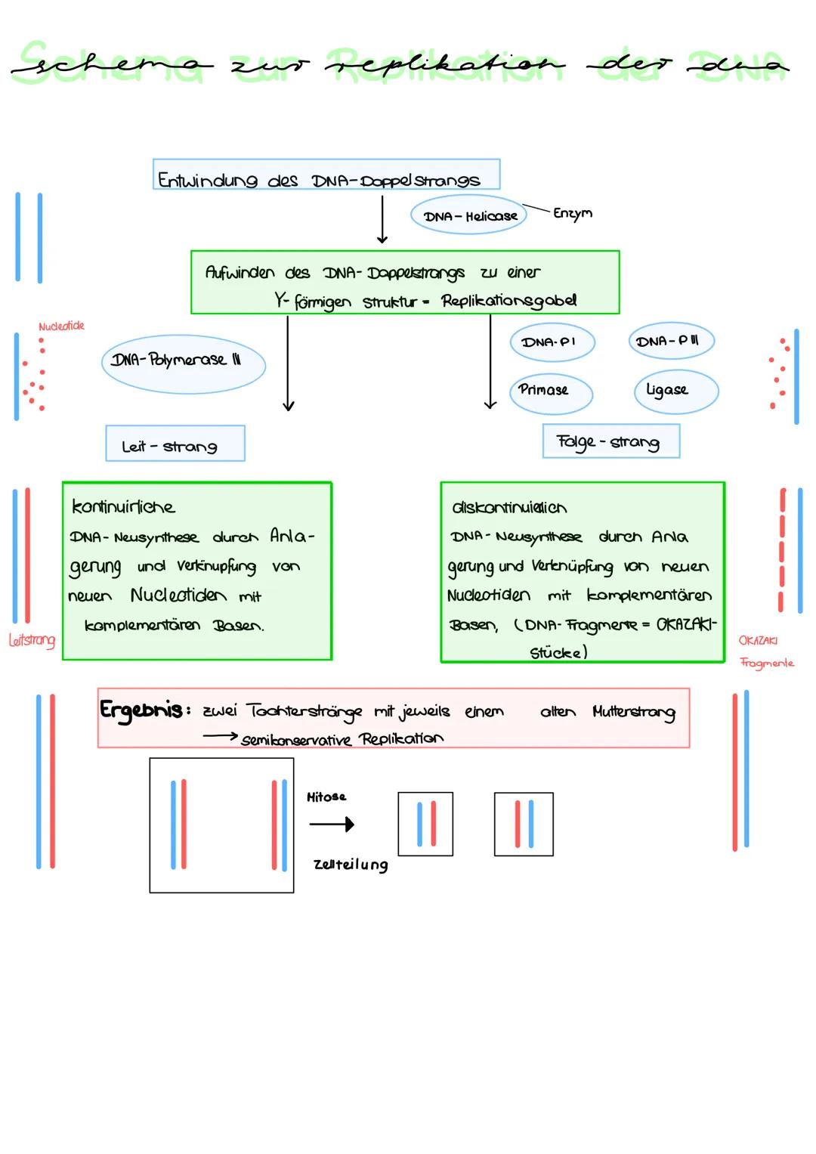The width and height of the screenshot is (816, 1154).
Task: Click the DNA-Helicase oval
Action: tap(469, 216)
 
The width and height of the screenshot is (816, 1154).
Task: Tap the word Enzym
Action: tap(572, 213)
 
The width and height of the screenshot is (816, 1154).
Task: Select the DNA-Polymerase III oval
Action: tap(183, 363)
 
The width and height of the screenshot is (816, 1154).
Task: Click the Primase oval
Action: tap(550, 391)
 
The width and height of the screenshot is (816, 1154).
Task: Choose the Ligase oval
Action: tap(675, 391)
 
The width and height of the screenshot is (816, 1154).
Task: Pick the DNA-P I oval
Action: tap(552, 342)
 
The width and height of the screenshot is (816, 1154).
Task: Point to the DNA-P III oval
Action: tap(671, 341)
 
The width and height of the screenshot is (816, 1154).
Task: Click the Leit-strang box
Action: tap(175, 444)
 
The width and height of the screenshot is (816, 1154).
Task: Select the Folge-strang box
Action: tap(610, 441)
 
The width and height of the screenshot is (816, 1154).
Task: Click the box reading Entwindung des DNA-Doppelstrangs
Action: tap(326, 175)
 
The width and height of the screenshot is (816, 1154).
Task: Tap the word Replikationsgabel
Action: tap(508, 301)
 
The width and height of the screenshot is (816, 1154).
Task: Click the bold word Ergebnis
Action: tap(141, 710)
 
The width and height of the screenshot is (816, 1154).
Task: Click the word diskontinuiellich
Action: tap(509, 508)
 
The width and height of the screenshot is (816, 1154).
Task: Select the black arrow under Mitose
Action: tap(332, 825)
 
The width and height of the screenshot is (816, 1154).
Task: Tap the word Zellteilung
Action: tap(351, 865)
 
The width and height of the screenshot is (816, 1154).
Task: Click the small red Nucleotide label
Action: tap(61, 326)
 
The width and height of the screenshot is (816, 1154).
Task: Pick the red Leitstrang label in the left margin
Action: tap(32, 641)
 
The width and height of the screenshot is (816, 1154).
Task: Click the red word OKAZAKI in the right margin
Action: tap(758, 641)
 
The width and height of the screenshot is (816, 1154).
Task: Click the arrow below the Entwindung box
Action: tap(382, 220)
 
